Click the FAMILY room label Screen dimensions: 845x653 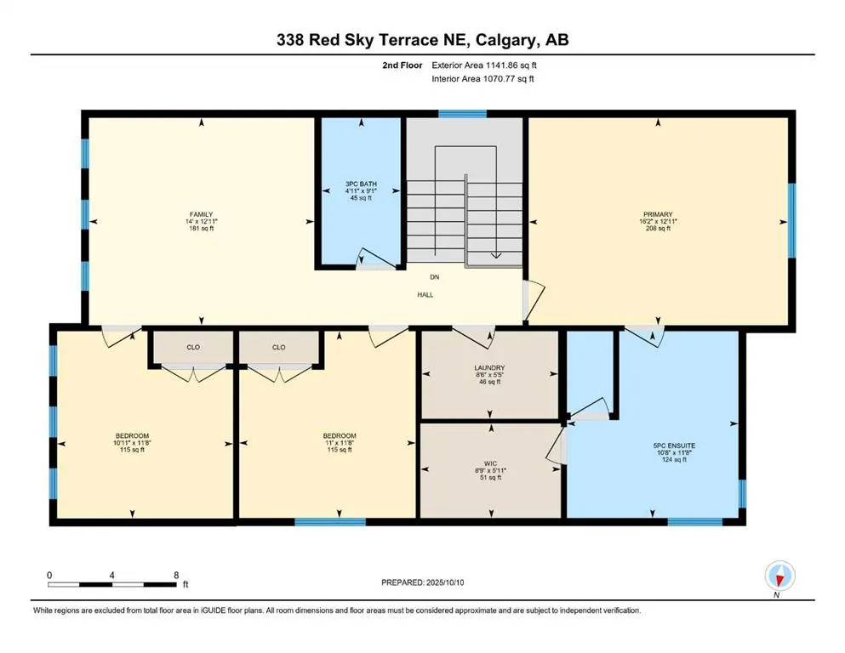tap(201, 214)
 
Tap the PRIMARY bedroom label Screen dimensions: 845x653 tap(658, 214)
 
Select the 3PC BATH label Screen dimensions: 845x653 tap(361, 185)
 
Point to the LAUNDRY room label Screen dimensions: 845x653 tap(490, 368)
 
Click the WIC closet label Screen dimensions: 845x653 tap(490, 463)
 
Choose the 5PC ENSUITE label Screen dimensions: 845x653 tap(674, 446)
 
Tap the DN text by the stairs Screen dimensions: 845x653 tap(434, 277)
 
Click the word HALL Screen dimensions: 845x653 tap(425, 295)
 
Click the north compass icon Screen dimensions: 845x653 tap(779, 576)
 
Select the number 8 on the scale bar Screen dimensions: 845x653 tap(176, 575)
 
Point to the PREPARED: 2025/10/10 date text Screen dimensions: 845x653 tap(422, 582)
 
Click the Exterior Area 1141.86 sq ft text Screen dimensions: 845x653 tap(484, 65)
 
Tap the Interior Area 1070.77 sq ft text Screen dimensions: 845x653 tap(482, 78)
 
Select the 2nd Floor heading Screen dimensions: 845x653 tap(402, 65)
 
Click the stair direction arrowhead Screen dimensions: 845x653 tap(496, 255)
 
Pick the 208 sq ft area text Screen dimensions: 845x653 tap(658, 228)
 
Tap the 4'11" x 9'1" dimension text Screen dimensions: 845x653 tap(361, 190)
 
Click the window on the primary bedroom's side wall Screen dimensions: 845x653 tap(791, 220)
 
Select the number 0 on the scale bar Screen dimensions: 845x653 tap(49, 575)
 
